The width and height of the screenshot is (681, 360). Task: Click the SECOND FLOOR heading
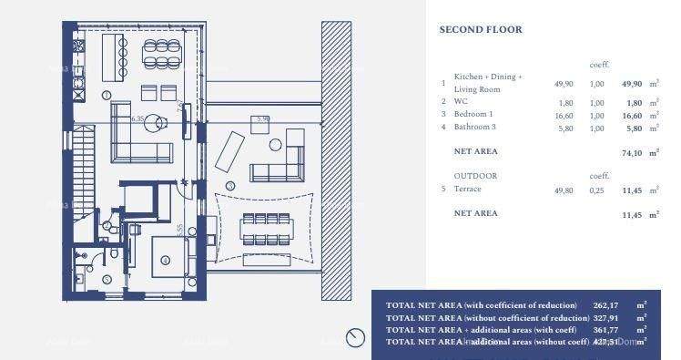point(481,30)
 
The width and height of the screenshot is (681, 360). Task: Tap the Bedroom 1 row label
point(473,115)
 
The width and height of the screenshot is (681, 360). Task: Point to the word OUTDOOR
point(475,175)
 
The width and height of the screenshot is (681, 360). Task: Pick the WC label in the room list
point(461,102)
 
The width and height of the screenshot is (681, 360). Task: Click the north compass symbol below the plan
point(355,338)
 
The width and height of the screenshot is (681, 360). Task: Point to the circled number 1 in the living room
point(107,95)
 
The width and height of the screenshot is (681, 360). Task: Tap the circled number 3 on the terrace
point(230,186)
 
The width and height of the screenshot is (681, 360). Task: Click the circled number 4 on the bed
point(165,260)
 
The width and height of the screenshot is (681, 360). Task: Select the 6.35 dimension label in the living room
point(138,118)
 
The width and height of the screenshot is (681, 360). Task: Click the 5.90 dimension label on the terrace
point(263,118)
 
